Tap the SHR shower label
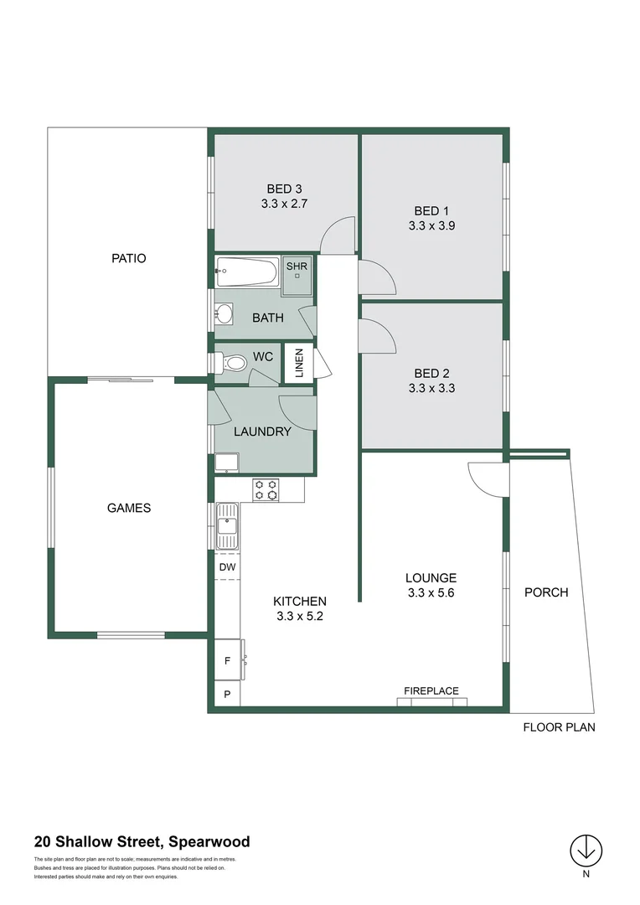pos(297,266)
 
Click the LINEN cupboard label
pos(299,363)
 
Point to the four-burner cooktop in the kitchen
pos(266,489)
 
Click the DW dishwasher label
pos(227,567)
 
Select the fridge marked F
pos(227,661)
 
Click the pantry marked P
pos(227,695)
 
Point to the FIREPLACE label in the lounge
pos(431,690)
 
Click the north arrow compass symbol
pos(586,851)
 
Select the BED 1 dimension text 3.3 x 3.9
pos(431,225)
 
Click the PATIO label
pos(128,258)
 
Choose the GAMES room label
pos(129,507)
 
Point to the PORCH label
pos(546,592)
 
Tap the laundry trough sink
pos(226,463)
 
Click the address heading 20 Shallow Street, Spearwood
pos(142,842)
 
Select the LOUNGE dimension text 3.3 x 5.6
pos(431,592)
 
